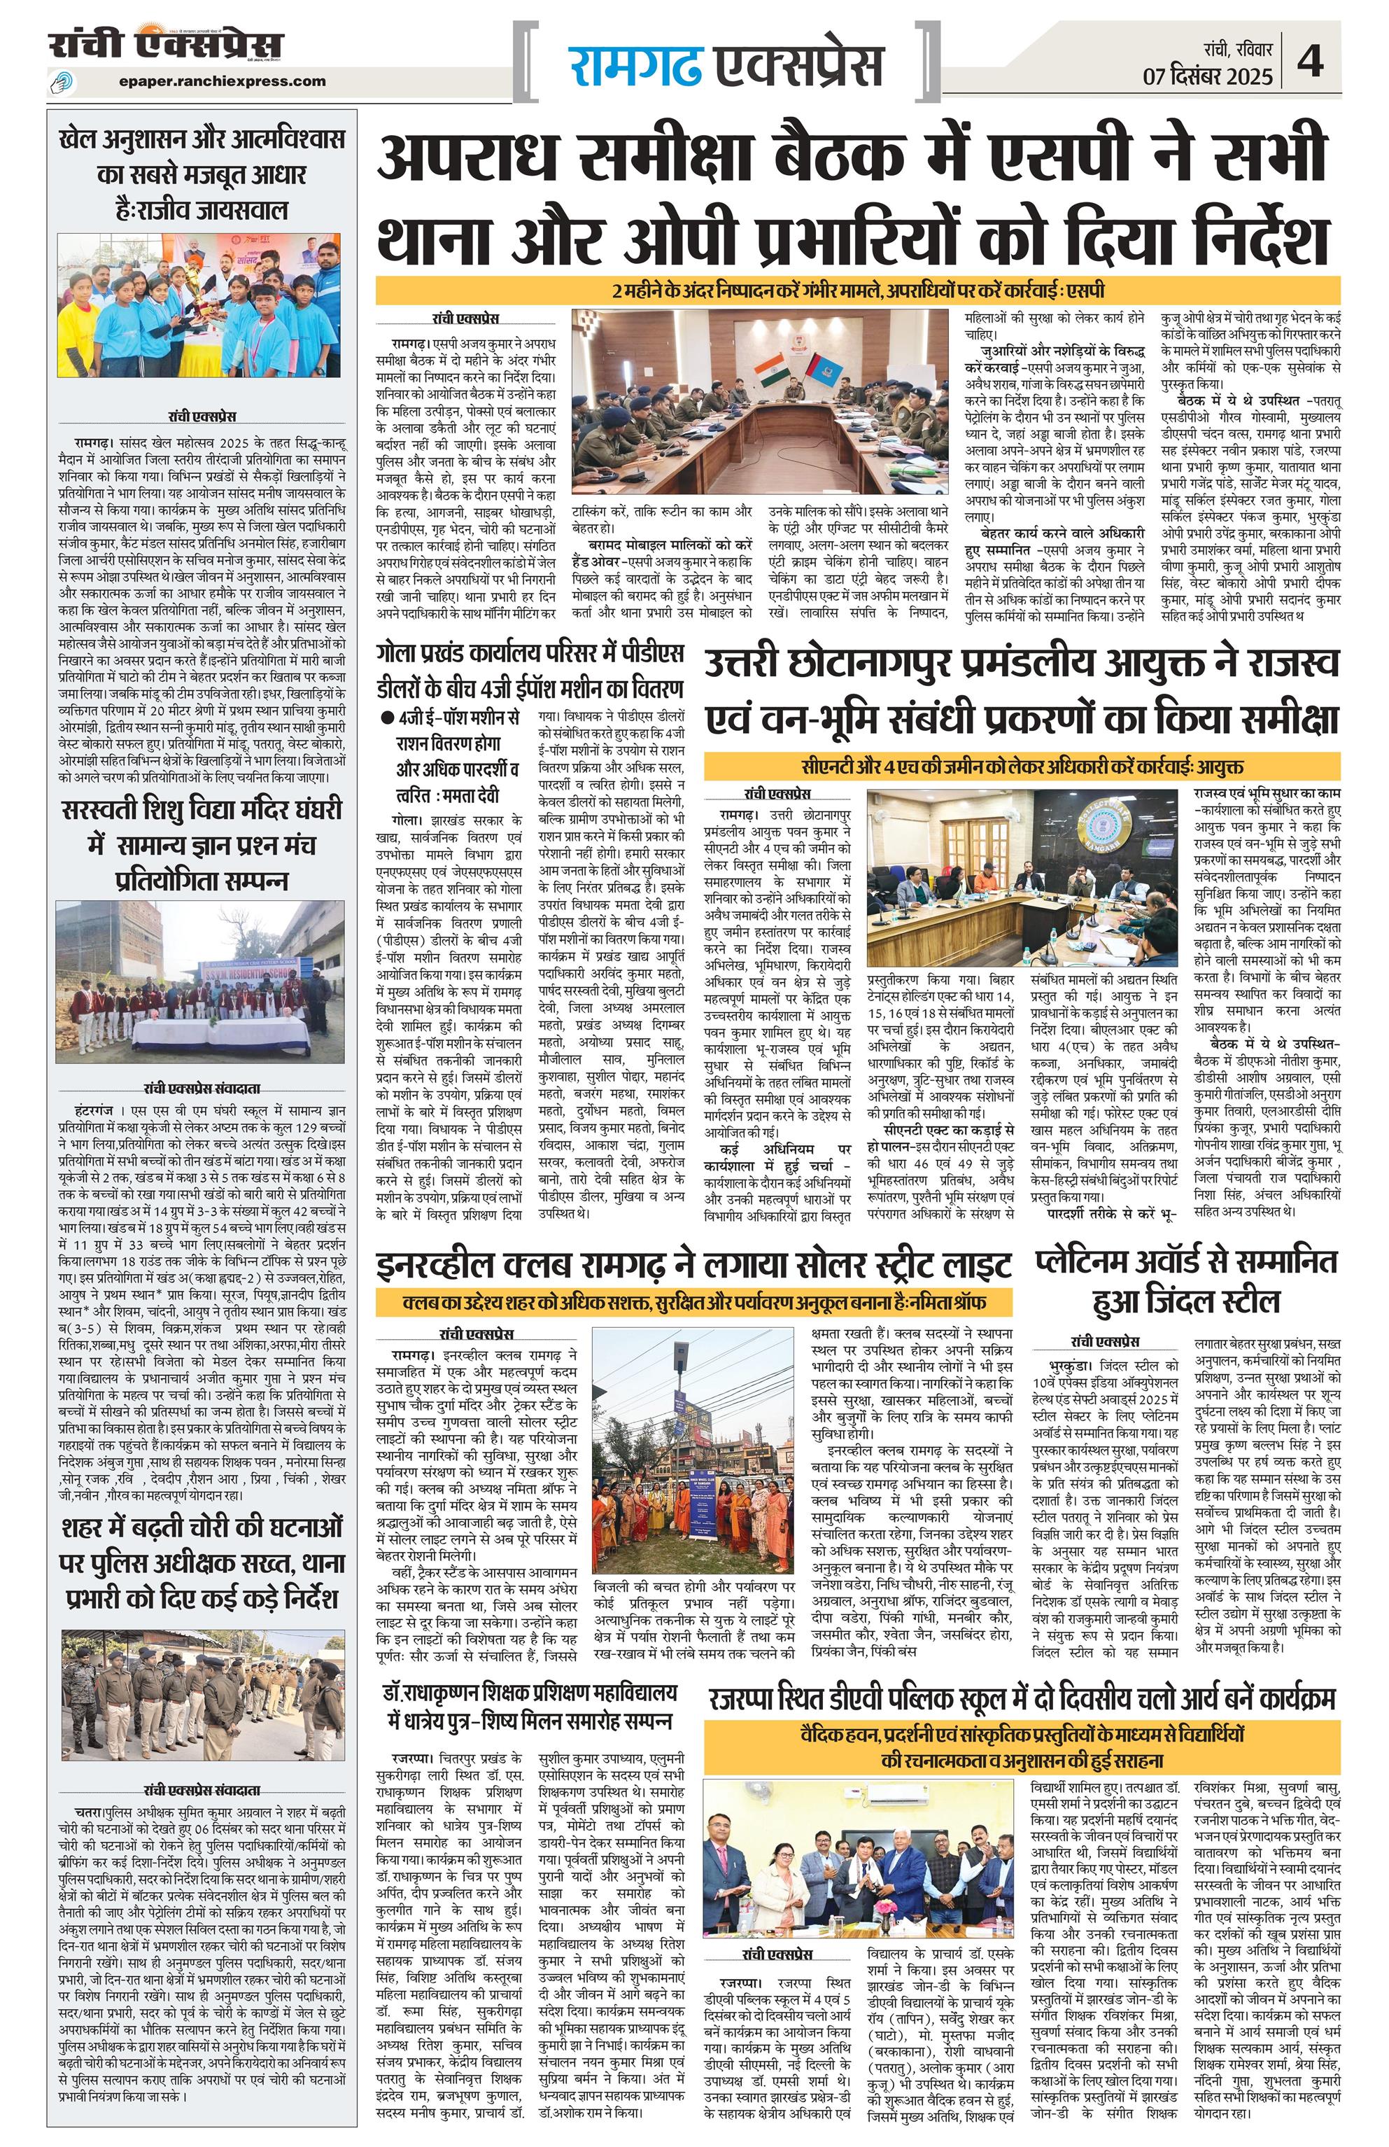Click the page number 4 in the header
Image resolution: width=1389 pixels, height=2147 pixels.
(1311, 63)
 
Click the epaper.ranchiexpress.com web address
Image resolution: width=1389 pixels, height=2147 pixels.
(222, 81)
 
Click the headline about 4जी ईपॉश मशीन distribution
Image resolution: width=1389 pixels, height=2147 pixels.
(530, 671)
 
